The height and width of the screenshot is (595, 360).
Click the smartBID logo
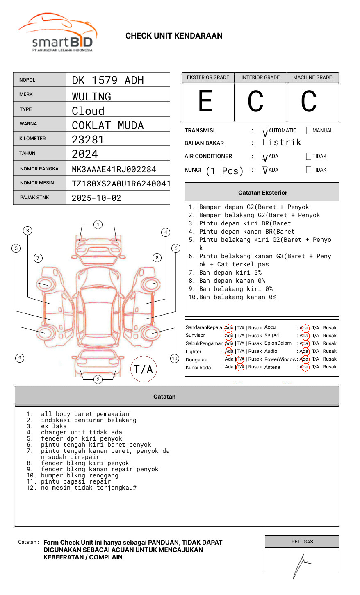57,33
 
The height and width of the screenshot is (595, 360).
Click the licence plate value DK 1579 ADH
107,80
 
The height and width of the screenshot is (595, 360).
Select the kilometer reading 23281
88,140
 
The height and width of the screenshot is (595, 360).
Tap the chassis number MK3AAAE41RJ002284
114,169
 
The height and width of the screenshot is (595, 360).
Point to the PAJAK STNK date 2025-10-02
96,198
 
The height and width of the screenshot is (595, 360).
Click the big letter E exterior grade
206,101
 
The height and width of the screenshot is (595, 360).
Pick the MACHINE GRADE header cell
312,77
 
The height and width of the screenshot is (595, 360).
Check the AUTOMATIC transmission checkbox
265,131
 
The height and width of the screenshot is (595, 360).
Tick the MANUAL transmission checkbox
309,131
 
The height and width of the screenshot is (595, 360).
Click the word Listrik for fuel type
282,143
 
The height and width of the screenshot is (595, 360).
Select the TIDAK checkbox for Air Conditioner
309,157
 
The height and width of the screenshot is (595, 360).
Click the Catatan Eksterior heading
262,193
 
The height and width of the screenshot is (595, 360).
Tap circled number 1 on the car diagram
98,225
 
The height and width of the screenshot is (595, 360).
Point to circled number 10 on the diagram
175,359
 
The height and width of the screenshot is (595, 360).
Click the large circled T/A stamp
143,369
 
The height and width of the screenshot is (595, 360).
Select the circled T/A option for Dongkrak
240,359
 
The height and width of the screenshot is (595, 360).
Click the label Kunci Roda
198,368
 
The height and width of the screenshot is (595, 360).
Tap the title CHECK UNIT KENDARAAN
174,36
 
